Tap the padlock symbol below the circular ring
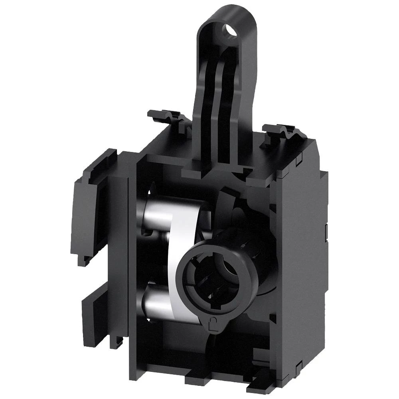[x=214, y=322]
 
